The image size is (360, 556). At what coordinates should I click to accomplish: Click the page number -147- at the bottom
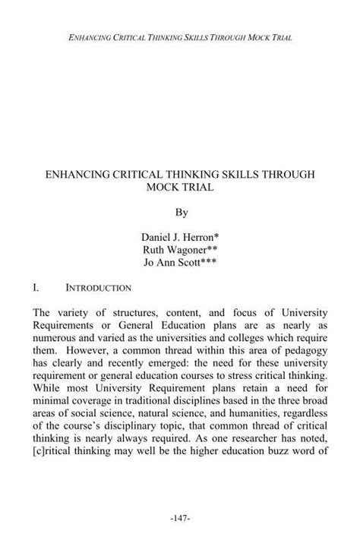(x=180, y=519)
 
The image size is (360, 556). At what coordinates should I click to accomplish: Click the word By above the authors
(x=180, y=207)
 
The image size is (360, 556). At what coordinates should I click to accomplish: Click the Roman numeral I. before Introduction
(x=50, y=289)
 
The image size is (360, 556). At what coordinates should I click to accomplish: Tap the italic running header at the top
(x=180, y=36)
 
